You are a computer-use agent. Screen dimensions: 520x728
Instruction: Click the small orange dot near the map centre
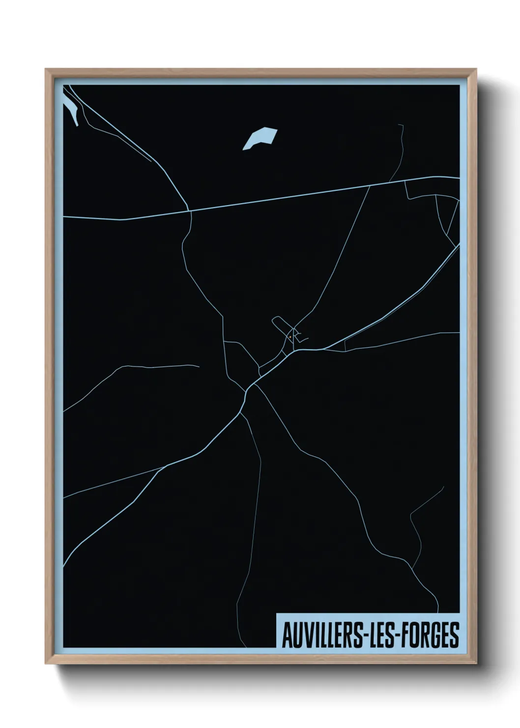290,337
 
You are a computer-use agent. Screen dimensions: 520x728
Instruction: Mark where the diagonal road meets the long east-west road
190,212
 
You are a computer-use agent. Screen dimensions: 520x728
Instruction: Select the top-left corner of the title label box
277,613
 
